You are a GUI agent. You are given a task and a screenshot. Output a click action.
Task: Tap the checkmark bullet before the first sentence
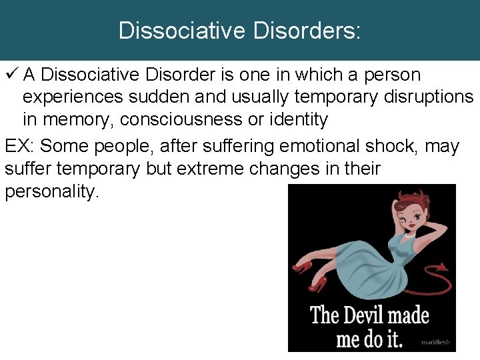tap(10, 75)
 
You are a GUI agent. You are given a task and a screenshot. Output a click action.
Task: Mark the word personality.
tap(52, 192)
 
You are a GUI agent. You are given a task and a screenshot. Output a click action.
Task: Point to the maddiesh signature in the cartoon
tap(435, 343)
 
